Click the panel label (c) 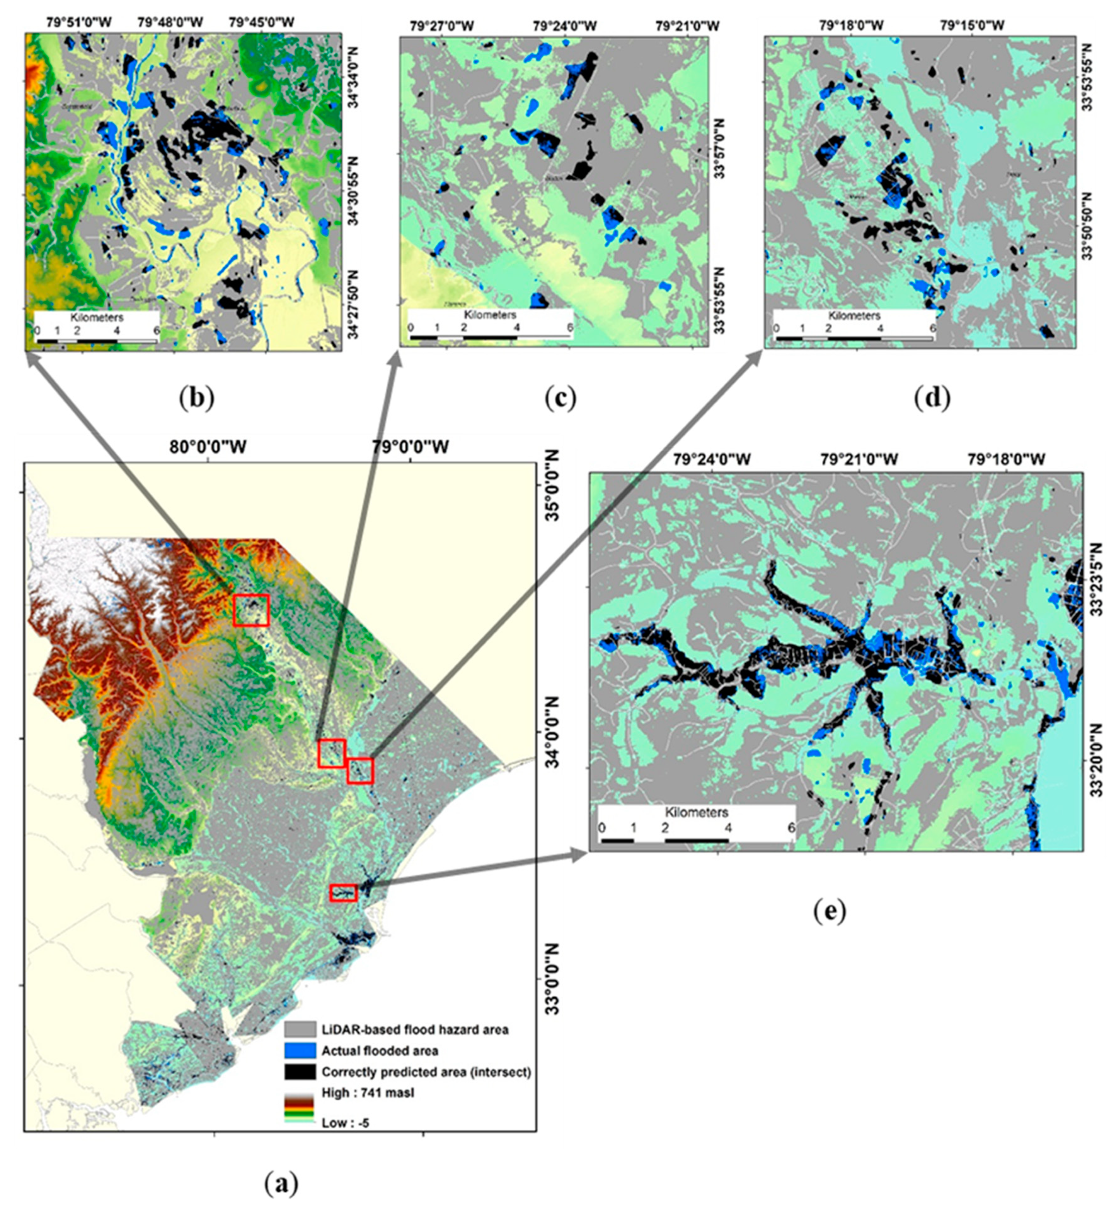[x=560, y=398]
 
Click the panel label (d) [x=933, y=398]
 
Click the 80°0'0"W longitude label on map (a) [x=208, y=447]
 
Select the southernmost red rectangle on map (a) [x=343, y=893]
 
